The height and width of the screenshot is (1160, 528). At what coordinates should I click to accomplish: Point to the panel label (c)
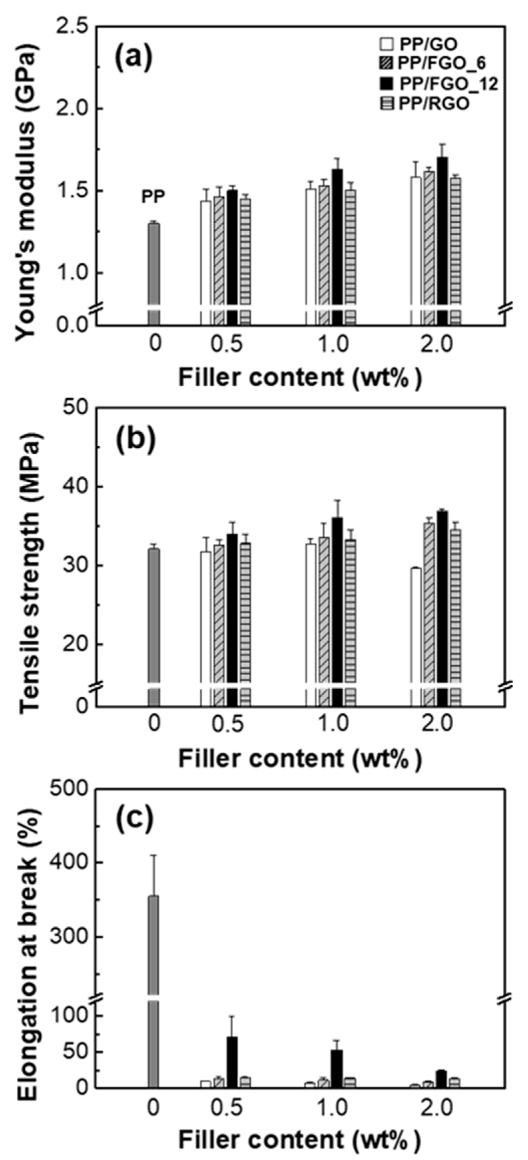134,818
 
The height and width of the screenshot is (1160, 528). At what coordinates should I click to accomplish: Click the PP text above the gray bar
153,197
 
